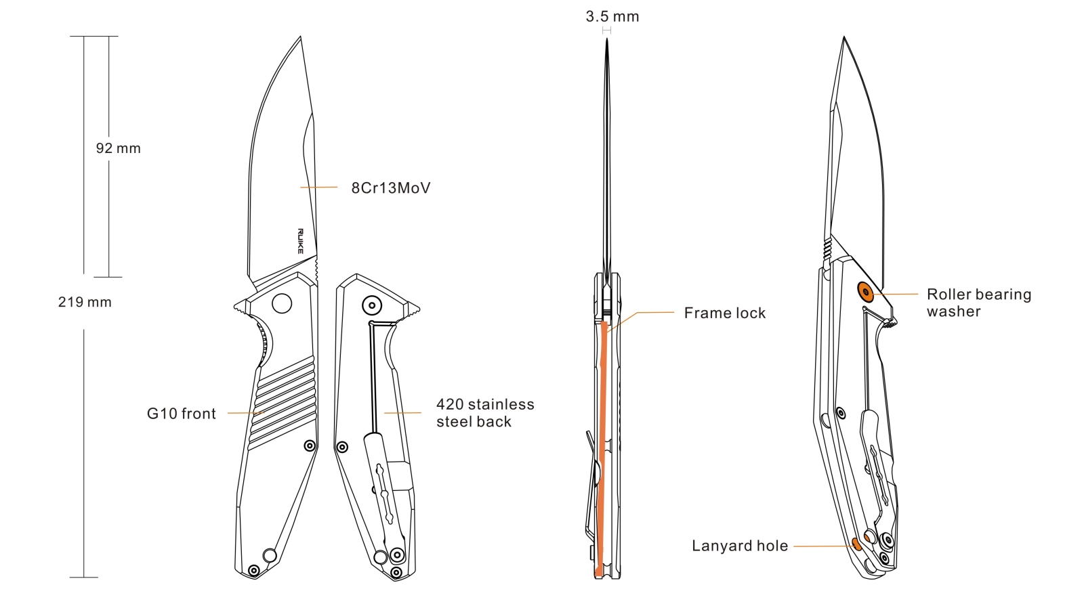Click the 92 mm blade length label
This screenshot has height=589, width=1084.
point(118,148)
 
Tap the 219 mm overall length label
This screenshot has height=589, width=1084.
point(85,302)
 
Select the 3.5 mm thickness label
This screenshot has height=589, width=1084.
point(612,17)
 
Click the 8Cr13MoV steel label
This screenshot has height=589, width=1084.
point(390,188)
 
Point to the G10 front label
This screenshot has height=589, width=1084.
point(181,414)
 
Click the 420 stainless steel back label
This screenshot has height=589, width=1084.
point(484,413)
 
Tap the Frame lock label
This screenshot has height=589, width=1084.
point(724,313)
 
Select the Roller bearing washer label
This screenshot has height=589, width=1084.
point(978,303)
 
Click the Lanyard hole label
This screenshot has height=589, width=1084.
point(739,546)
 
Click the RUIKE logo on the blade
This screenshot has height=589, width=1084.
point(300,241)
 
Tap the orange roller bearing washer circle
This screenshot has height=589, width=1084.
point(865,292)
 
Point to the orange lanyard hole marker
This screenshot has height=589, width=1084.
point(856,543)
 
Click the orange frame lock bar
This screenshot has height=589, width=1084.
point(602,447)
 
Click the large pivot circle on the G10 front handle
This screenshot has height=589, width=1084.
point(282,303)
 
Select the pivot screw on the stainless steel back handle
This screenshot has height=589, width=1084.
point(371,305)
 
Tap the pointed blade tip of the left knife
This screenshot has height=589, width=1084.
point(300,38)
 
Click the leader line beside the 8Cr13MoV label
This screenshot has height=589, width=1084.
point(318,187)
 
